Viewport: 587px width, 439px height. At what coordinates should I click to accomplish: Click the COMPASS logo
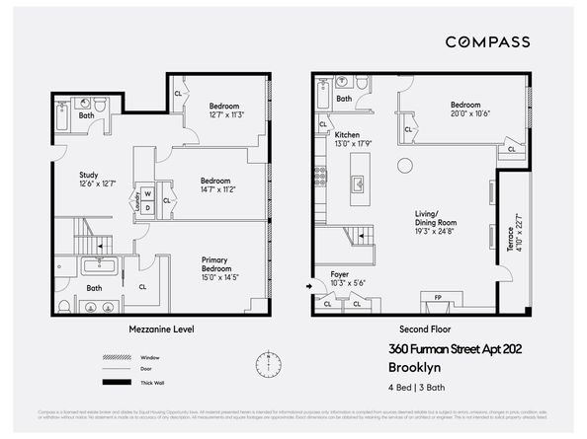487,41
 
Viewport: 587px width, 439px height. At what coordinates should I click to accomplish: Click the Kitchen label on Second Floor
346,135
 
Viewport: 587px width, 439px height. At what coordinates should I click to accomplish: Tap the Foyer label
339,276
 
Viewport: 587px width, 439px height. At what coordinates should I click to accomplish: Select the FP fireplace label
438,296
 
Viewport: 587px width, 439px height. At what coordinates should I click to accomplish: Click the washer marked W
146,193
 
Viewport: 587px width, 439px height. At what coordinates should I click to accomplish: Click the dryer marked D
146,207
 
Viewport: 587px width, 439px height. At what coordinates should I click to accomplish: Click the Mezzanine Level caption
161,328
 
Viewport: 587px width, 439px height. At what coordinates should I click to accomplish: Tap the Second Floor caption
422,328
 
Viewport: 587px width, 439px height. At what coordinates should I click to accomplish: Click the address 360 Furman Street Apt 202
458,347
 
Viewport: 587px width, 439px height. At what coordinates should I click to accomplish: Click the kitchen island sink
358,182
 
